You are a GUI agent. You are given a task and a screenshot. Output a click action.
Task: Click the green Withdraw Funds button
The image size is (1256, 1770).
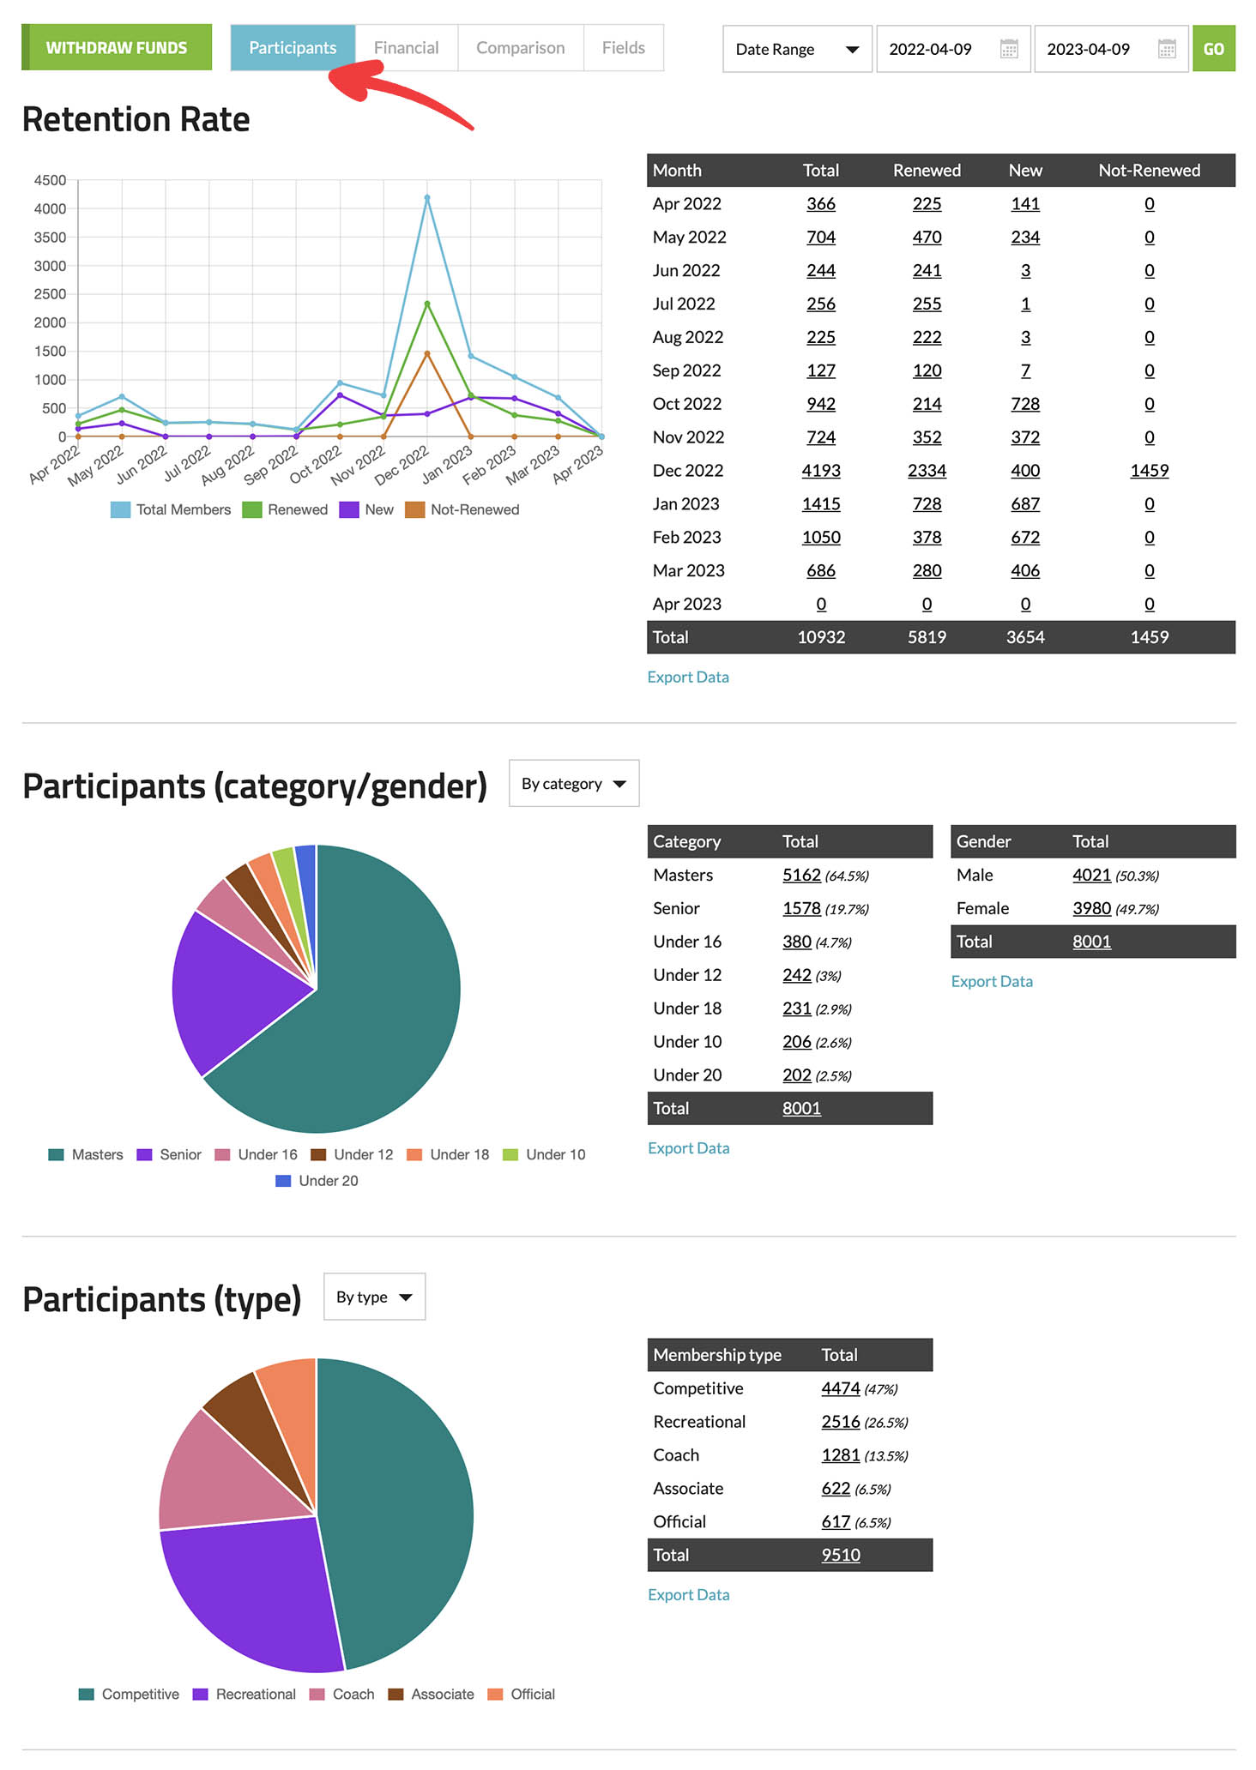tap(117, 48)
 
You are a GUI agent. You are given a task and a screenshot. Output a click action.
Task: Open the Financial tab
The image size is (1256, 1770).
tap(406, 48)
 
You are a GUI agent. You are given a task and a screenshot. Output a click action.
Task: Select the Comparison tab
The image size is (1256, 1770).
tap(520, 48)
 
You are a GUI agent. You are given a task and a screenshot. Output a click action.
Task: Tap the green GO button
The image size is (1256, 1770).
tap(1213, 49)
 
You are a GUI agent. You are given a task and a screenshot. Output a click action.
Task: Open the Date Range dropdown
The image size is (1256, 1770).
tap(797, 49)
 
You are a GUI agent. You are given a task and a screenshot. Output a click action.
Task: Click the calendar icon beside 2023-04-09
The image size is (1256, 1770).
tap(1167, 49)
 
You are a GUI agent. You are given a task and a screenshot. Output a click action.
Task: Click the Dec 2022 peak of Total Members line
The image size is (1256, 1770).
tap(427, 198)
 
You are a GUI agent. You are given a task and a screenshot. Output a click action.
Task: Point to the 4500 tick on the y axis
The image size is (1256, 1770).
tap(50, 180)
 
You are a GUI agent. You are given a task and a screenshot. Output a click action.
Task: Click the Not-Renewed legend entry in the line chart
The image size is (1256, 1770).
tap(463, 509)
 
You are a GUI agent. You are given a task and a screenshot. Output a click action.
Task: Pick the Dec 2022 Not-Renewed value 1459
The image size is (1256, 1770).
tap(1149, 471)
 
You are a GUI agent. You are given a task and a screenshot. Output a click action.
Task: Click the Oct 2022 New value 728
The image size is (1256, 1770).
tap(1024, 404)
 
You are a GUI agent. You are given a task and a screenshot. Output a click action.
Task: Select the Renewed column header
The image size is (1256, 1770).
tap(927, 171)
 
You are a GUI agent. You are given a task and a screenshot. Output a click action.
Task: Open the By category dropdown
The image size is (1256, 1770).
tap(574, 784)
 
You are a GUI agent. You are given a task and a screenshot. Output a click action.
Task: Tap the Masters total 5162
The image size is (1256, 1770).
tap(801, 875)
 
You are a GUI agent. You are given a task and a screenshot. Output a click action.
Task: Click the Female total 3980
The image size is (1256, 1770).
tap(1091, 908)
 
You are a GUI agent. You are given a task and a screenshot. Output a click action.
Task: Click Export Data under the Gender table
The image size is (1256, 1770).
tap(992, 981)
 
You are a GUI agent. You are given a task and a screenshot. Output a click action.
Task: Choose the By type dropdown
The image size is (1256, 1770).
tap(374, 1297)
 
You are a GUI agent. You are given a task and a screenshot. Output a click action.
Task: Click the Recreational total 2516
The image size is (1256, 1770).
tap(840, 1422)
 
